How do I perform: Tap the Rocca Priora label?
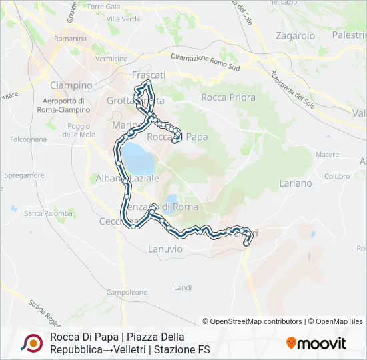coord(228,97)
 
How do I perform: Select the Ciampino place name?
coord(71,85)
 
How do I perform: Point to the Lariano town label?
coord(296,183)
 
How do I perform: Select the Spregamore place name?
coord(24,175)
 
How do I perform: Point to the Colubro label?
coord(338,176)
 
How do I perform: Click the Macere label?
coord(327,154)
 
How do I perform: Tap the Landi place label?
coord(182,287)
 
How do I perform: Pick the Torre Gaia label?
coord(103,6)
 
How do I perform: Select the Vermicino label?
coord(111,59)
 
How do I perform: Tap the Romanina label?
coord(71,39)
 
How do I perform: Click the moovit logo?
coord(316,343)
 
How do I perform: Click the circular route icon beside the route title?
coord(31,343)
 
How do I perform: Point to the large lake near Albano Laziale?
coord(137,157)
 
